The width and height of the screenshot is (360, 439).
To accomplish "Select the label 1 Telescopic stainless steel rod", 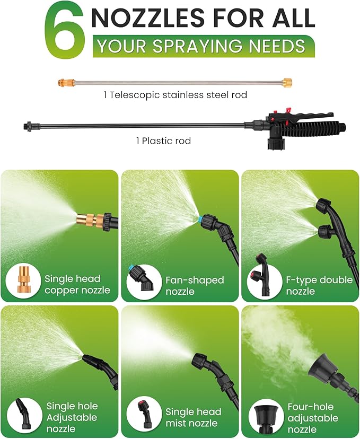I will click(175, 95).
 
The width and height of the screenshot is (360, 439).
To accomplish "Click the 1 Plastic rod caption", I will click(162, 141).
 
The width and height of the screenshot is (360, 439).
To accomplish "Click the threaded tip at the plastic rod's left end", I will click(28, 127).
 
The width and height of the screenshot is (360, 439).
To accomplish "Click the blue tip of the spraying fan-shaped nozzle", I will click(199, 219).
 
